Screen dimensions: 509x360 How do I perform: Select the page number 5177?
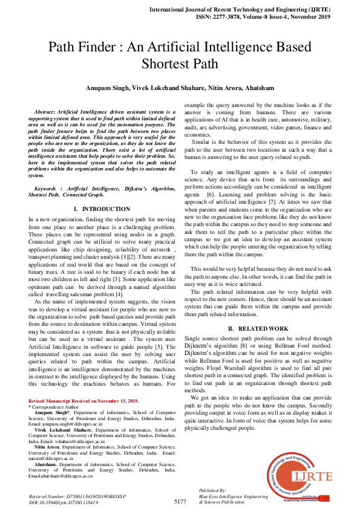click(x=180, y=501)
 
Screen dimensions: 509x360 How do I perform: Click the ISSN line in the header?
click(x=278, y=18)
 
